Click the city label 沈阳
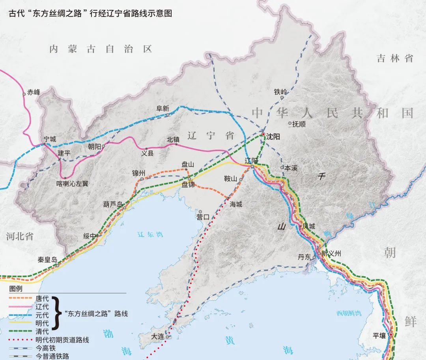coord(273,137)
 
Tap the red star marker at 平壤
coord(391,335)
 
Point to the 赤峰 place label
coord(34,93)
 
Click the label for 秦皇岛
coord(47,260)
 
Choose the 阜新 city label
coord(163,108)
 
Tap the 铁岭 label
coord(280,91)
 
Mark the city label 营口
coord(203,217)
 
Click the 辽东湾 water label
coord(150,234)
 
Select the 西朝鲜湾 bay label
coord(348,313)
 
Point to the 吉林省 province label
coord(395,58)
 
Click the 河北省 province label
coord(20,236)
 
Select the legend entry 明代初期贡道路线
coord(62,339)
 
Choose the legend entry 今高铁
coord(44,348)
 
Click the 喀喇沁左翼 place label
coord(73,184)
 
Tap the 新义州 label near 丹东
coord(331,254)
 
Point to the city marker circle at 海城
coord(228,198)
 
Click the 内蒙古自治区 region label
coord(101,49)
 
